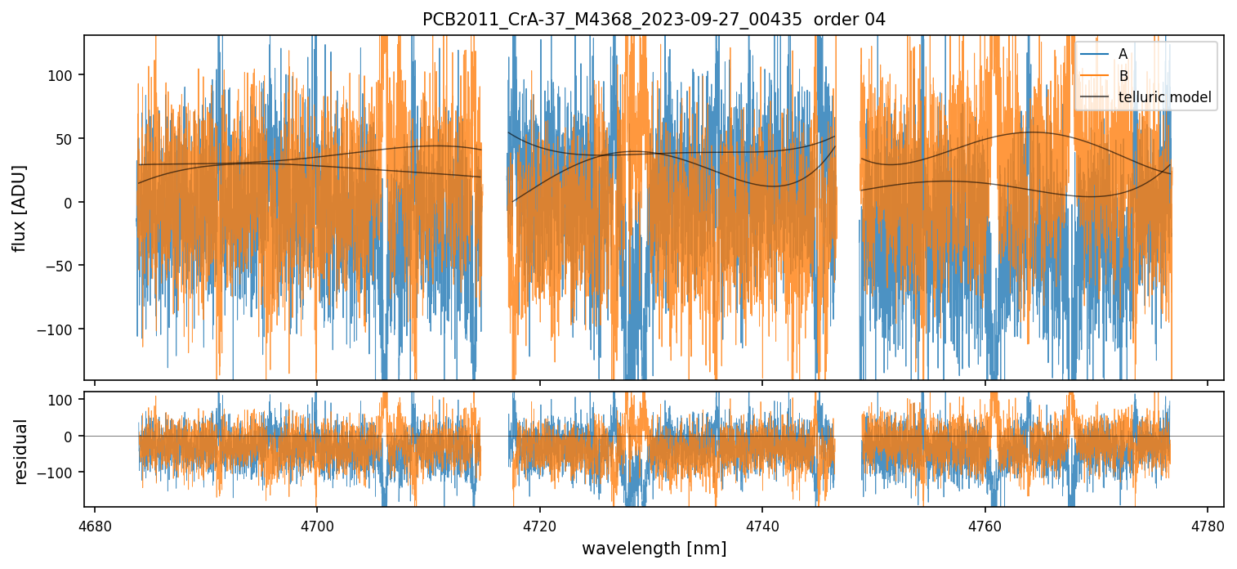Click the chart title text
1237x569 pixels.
654,20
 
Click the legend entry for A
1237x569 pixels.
1123,54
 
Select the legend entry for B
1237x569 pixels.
1123,76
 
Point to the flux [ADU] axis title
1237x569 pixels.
19,208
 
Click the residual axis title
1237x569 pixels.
21,451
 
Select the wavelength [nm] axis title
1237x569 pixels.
654,549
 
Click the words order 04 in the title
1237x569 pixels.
850,20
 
